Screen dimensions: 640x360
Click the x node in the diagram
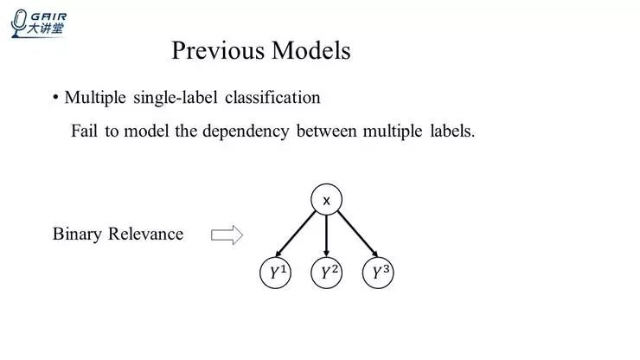(326, 200)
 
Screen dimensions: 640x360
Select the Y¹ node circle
(276, 273)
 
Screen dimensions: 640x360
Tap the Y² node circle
(326, 273)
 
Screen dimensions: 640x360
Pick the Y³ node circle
(378, 273)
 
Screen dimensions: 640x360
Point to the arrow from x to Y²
(326, 235)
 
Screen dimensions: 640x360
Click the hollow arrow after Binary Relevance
(227, 235)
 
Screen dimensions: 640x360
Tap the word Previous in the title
(219, 50)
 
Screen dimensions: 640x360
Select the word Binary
(78, 235)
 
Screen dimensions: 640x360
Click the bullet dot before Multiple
(55, 97)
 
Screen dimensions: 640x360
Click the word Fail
(86, 132)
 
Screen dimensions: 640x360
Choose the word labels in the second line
(451, 132)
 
